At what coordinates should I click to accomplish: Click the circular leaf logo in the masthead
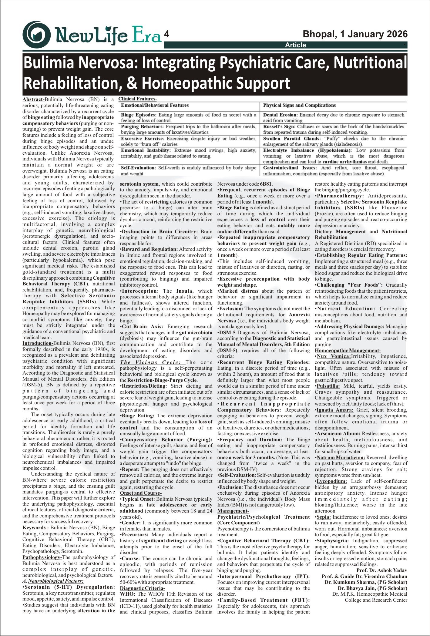(36, 35)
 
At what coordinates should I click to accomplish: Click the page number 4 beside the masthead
(166, 34)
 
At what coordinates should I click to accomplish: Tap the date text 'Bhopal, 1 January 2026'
(355, 34)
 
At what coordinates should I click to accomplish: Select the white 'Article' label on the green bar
(295, 45)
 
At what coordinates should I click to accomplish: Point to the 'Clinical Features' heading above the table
(137, 99)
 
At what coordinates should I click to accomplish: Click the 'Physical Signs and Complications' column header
(299, 106)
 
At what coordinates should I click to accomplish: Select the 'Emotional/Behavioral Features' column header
(155, 106)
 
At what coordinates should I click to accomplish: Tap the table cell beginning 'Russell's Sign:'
(334, 129)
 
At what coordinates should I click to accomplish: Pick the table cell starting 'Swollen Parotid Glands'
(334, 141)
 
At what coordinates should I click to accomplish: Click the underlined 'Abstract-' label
(33, 99)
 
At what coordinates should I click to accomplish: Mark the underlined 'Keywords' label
(34, 527)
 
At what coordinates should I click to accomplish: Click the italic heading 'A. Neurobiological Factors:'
(53, 581)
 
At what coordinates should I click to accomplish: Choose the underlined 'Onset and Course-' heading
(141, 493)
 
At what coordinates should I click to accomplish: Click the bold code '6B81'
(266, 184)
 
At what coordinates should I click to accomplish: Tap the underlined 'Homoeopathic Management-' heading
(348, 351)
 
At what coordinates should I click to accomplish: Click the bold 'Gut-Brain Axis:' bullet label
(142, 327)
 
